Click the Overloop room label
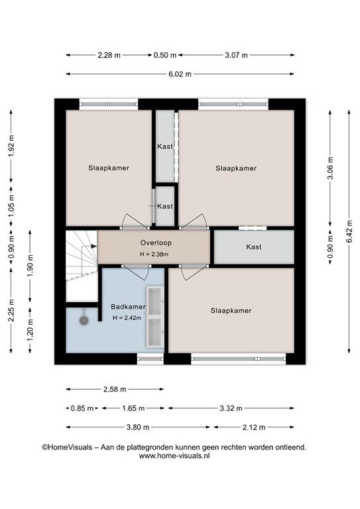click(x=156, y=243)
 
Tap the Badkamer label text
click(x=128, y=307)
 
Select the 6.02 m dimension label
click(x=180, y=74)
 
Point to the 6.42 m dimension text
click(x=349, y=231)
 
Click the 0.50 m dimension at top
click(x=165, y=55)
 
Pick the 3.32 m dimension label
click(x=231, y=408)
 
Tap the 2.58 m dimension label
click(x=115, y=389)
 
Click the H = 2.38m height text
click(x=154, y=254)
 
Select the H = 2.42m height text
click(x=127, y=318)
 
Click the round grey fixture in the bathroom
click(x=84, y=321)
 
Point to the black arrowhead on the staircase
click(x=94, y=247)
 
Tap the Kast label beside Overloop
click(x=254, y=247)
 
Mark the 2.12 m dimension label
click(x=254, y=427)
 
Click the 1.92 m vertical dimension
click(x=11, y=150)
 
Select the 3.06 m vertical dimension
click(x=330, y=168)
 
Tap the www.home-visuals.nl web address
click(x=174, y=456)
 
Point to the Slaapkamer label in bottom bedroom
click(x=231, y=311)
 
